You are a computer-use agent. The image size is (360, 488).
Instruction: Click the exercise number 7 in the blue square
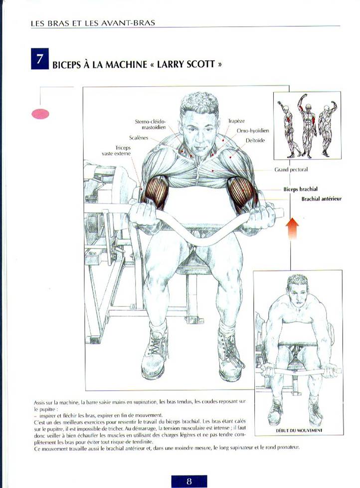pos(39,58)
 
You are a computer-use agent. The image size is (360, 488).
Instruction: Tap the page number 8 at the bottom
pos(189,481)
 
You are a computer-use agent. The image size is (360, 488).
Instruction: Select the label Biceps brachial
pos(300,189)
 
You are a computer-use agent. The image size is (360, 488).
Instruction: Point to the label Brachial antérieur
pos(321,199)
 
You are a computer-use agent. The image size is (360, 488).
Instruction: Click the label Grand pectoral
pos(291,170)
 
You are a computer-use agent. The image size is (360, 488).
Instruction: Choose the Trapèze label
pos(236,121)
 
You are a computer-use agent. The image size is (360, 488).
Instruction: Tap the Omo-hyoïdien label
pos(253,130)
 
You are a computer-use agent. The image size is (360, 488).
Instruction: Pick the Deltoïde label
pos(255,140)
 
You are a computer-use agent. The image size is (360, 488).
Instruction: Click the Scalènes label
pos(139,138)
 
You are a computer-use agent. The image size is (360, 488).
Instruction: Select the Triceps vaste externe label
pos(117,151)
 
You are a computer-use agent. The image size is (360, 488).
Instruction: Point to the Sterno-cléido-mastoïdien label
pos(151,124)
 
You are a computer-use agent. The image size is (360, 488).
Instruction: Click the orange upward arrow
pos(292,229)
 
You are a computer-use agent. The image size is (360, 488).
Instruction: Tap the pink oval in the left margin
pos(40,114)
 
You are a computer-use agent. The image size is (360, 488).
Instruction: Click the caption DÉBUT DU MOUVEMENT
pos(299,431)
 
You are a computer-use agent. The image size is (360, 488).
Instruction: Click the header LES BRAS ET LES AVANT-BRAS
pos(93,23)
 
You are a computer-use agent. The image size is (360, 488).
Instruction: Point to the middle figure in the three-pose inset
pos(307,126)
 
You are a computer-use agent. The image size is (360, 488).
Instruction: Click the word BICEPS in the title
pos(66,64)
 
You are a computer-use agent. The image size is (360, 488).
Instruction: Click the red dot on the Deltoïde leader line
pos(230,157)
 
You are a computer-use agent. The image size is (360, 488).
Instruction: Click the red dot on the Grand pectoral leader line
pos(212,171)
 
